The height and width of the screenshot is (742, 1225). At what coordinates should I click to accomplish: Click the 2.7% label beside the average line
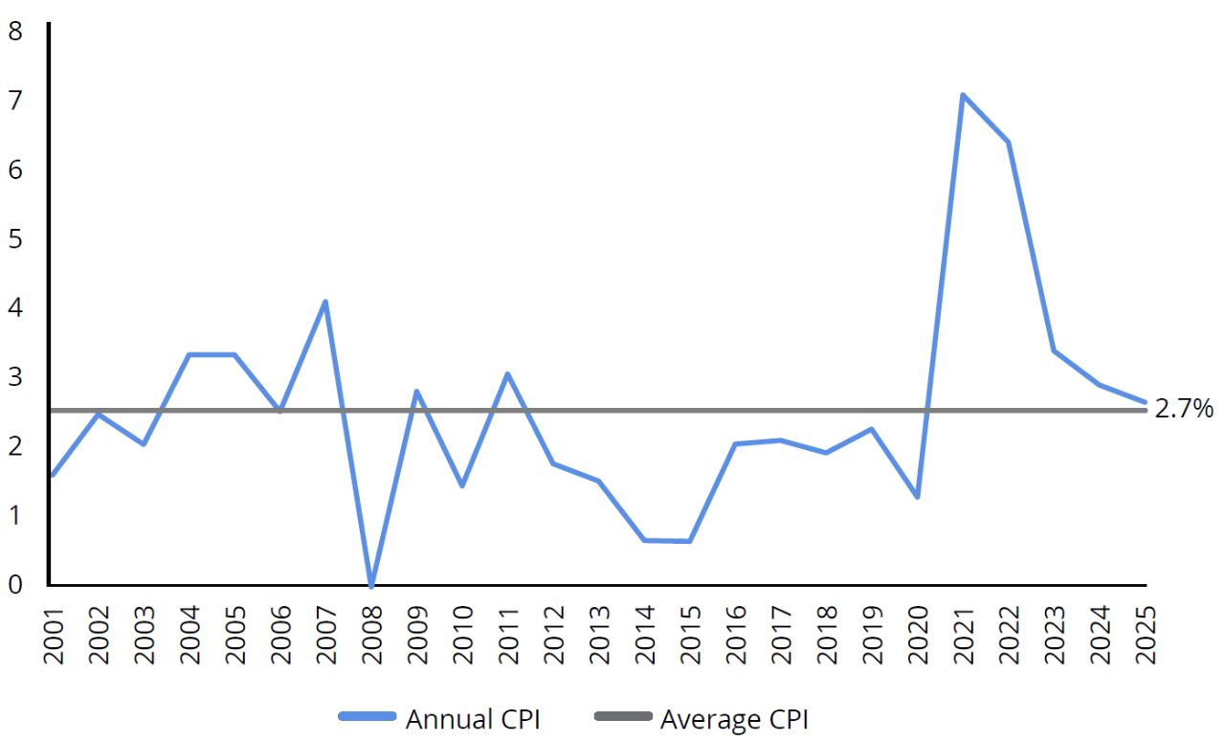(1184, 410)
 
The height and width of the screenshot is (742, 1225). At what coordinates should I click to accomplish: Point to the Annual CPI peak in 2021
(962, 95)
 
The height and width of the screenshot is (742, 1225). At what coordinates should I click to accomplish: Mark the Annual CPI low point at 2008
(370, 584)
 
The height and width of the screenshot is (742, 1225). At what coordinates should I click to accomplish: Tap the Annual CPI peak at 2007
(325, 302)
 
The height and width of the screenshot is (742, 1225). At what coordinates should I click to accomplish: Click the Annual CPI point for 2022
(1008, 143)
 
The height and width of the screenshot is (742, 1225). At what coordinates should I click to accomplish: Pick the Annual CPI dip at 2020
(917, 497)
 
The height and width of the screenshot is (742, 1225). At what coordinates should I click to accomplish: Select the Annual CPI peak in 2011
(507, 373)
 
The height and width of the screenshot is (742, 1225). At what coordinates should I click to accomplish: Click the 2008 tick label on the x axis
(371, 634)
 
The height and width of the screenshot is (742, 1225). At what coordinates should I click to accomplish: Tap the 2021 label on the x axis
(963, 634)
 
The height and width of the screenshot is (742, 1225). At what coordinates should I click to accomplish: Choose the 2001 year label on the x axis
(53, 634)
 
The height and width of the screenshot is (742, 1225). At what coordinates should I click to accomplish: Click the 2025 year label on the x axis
(1145, 634)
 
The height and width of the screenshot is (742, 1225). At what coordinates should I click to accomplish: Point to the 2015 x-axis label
(690, 634)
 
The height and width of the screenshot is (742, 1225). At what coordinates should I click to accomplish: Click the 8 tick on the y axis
(15, 32)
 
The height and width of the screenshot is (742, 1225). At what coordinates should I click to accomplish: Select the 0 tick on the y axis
(15, 584)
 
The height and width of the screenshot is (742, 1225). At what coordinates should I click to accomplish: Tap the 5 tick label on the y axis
(15, 238)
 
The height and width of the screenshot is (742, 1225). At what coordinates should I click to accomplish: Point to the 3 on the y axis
(15, 377)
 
